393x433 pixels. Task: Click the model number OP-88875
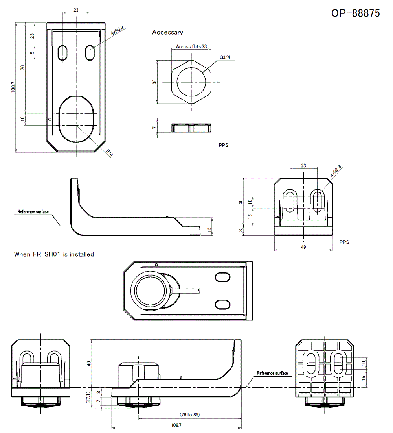pyautogui.click(x=355, y=13)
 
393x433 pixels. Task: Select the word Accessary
pyautogui.click(x=167, y=32)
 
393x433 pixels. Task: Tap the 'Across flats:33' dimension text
pyautogui.click(x=191, y=47)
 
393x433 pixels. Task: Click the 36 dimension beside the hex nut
pyautogui.click(x=154, y=82)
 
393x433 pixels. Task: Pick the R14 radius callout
pyautogui.click(x=109, y=153)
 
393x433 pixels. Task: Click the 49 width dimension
pyautogui.click(x=303, y=247)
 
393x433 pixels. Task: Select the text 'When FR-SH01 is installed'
pyautogui.click(x=54, y=254)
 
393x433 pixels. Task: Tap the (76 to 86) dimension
pyautogui.click(x=190, y=415)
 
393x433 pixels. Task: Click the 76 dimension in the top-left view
pyautogui.click(x=22, y=68)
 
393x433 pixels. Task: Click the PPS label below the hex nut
pyautogui.click(x=224, y=145)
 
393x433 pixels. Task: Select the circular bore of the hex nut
pyautogui.click(x=191, y=82)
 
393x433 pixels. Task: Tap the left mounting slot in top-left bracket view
pyautogui.click(x=63, y=53)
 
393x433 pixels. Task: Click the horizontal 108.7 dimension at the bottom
pyautogui.click(x=176, y=425)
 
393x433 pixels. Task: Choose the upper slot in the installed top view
pyautogui.click(x=222, y=277)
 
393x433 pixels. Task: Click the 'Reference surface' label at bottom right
pyautogui.click(x=272, y=373)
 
